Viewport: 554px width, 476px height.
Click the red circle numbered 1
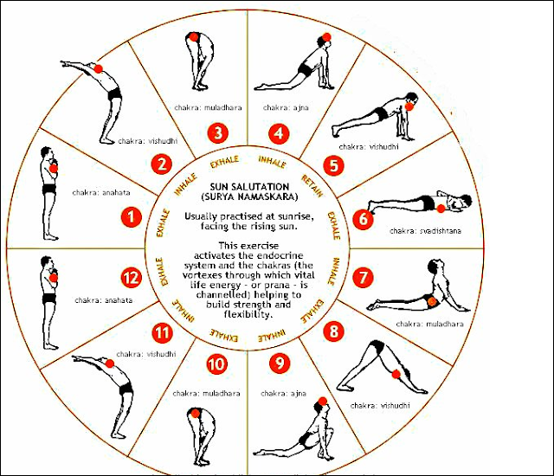click(131, 215)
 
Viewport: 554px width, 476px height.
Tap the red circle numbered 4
click(279, 134)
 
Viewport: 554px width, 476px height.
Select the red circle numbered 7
click(364, 279)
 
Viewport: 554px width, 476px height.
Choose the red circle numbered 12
click(131, 279)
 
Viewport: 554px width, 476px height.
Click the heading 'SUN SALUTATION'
click(248, 185)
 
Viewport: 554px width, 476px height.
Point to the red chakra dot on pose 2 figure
click(100, 68)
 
